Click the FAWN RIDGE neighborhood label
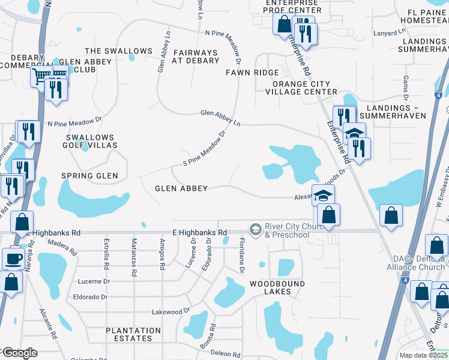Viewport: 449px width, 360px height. (x=252, y=73)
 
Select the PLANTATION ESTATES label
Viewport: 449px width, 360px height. (x=133, y=334)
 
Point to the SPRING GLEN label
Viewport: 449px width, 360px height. (x=89, y=176)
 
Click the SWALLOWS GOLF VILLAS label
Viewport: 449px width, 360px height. (x=89, y=141)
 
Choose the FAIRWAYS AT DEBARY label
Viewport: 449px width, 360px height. (x=196, y=56)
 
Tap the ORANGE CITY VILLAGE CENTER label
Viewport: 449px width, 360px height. (x=301, y=87)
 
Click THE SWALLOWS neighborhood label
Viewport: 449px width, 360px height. (x=118, y=51)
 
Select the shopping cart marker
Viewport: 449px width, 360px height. (x=41, y=76)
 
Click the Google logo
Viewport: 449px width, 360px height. (x=19, y=352)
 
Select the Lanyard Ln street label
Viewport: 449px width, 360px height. (x=390, y=33)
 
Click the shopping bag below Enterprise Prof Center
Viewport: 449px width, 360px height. (x=283, y=24)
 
